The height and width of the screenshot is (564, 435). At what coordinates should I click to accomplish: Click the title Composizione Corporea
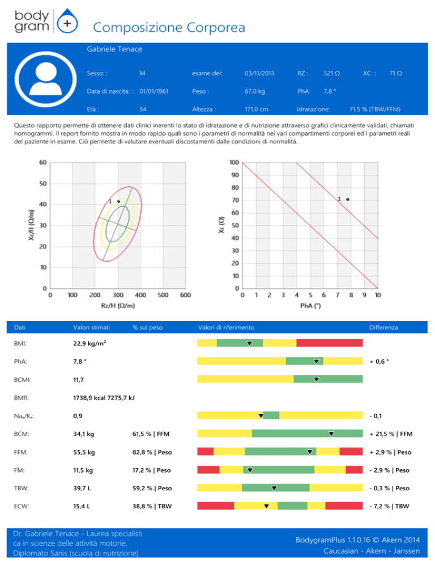coord(169,27)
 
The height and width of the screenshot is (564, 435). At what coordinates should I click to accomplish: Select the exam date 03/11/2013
coord(259,74)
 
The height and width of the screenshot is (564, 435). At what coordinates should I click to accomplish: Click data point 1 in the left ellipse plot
coord(118,201)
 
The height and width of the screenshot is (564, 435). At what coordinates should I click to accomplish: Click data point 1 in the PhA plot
coord(348,199)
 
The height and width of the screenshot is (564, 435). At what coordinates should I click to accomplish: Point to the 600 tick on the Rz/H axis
coord(185,294)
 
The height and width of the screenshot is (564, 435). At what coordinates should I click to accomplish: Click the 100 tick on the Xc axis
coord(233,163)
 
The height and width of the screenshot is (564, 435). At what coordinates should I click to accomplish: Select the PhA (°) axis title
coord(310,306)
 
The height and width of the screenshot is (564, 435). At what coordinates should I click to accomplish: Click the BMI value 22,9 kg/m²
coord(94,343)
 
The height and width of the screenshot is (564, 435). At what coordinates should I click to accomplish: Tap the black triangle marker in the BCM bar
coord(331,434)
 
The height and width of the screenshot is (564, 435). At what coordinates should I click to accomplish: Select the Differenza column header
coord(383,327)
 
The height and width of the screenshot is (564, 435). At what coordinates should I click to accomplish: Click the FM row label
coord(20,470)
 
